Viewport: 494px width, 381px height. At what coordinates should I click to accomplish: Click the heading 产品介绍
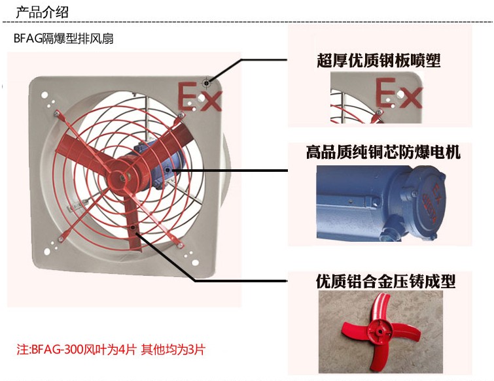click(x=42, y=12)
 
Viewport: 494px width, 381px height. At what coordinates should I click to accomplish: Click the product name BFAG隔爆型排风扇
click(x=63, y=39)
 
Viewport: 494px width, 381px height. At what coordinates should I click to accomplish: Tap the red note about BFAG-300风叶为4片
click(x=111, y=349)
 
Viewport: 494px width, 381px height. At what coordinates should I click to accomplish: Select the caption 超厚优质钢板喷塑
click(x=378, y=60)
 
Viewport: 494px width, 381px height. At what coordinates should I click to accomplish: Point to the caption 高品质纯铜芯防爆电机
click(x=383, y=152)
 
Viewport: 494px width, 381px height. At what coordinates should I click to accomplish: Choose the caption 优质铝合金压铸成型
click(x=385, y=281)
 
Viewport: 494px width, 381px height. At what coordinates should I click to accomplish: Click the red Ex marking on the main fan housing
click(x=200, y=97)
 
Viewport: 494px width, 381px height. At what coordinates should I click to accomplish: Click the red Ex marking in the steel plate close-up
click(x=398, y=93)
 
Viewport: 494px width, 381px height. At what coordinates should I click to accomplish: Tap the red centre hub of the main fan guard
click(x=122, y=178)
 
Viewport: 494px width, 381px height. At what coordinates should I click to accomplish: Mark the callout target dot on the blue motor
click(x=168, y=170)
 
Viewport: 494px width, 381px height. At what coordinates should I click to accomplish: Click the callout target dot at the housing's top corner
click(x=207, y=83)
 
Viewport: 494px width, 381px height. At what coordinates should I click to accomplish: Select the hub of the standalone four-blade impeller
click(x=380, y=332)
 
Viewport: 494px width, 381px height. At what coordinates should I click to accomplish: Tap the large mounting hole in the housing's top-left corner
click(x=44, y=95)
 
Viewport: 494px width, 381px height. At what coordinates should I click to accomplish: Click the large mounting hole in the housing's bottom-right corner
click(x=196, y=263)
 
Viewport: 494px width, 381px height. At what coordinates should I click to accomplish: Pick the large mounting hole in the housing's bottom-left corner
click(x=47, y=252)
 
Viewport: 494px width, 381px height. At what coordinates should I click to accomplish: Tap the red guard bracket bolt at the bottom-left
click(x=61, y=239)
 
